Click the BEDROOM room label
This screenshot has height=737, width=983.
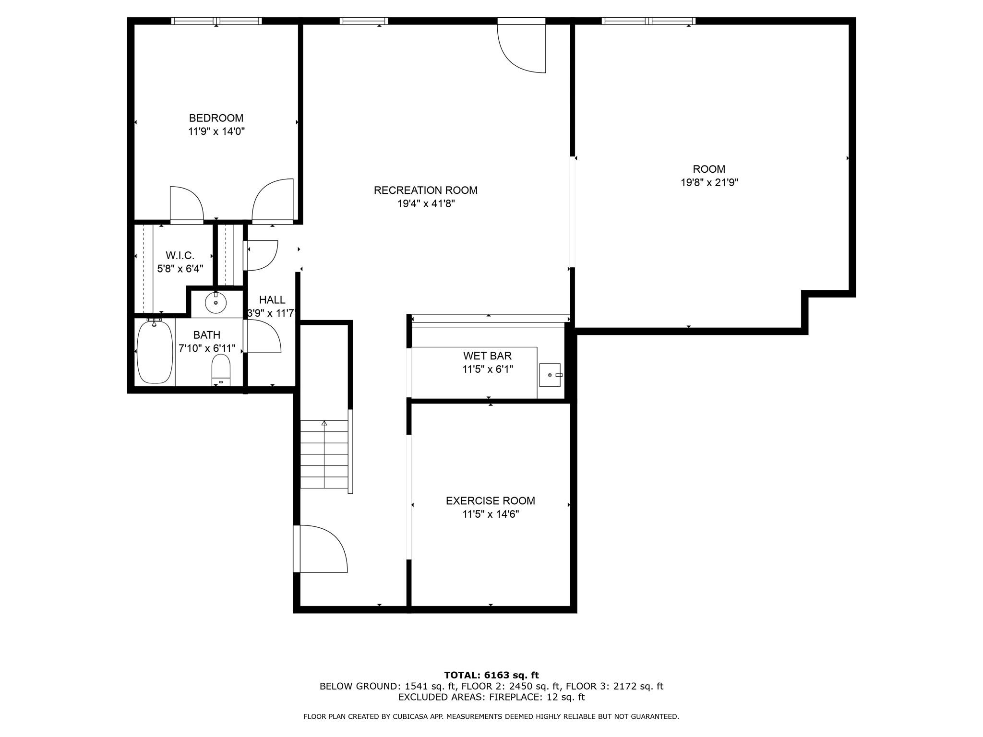(216, 118)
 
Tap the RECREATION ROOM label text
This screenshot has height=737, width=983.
(425, 190)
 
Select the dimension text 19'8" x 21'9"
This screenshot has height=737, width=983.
(709, 183)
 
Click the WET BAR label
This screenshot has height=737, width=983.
(487, 356)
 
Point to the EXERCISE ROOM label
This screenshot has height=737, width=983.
(490, 501)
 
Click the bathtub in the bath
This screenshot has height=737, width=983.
(155, 352)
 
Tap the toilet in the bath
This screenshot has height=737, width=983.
(221, 369)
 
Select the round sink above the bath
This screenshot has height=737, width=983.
(216, 303)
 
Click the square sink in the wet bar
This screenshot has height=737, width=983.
(550, 375)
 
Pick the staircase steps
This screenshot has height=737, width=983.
(324, 454)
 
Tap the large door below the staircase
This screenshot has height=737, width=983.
(321, 549)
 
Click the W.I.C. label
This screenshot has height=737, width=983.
(180, 256)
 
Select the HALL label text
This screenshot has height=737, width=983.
(272, 300)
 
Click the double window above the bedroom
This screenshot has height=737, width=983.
(216, 21)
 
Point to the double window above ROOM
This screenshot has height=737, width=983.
(648, 21)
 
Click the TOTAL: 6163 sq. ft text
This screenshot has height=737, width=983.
(491, 676)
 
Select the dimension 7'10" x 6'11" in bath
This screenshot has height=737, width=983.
(207, 348)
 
